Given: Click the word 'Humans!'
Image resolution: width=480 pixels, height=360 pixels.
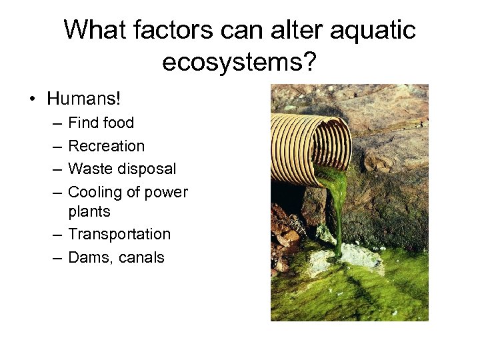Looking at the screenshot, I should click(x=84, y=99).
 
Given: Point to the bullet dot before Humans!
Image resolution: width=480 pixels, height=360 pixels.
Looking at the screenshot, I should click(x=32, y=100).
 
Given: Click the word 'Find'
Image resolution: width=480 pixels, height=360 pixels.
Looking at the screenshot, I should click(x=83, y=123).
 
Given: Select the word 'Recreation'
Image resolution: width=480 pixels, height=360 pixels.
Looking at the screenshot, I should click(x=107, y=146).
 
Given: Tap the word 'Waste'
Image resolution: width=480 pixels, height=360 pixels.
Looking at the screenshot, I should click(x=89, y=169).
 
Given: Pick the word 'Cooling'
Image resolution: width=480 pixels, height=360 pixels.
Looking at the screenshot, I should click(x=95, y=193).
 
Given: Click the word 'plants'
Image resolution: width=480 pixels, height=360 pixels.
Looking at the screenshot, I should click(x=89, y=211).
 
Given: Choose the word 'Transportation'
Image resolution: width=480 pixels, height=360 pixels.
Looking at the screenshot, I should click(x=119, y=235).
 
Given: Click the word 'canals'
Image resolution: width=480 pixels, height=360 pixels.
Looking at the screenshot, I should click(x=141, y=258).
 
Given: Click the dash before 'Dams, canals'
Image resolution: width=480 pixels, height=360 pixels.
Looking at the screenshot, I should click(x=57, y=258).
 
